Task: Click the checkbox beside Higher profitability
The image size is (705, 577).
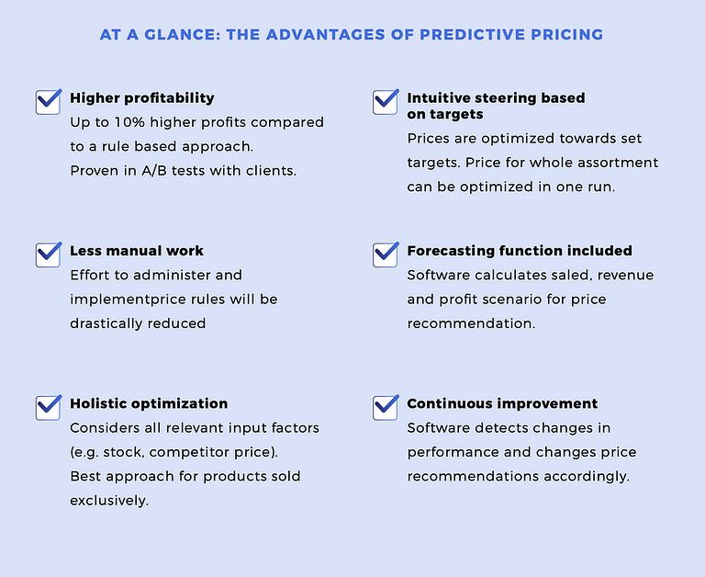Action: (48, 102)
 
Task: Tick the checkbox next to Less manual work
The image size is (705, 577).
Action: (48, 255)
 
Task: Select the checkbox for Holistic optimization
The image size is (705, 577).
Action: (48, 408)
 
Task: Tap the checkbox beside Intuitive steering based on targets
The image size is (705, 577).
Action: (386, 102)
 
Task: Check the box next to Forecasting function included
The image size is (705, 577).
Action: (386, 255)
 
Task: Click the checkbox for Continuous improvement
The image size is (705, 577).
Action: (386, 408)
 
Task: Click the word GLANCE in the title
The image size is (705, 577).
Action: (183, 35)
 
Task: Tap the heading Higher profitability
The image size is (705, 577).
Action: (142, 98)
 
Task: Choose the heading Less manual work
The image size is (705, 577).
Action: (137, 251)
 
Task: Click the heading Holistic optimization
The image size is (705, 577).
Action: (149, 403)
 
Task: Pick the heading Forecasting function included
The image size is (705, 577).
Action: (520, 251)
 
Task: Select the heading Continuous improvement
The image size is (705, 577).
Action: (503, 403)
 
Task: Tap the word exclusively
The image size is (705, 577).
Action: (109, 501)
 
